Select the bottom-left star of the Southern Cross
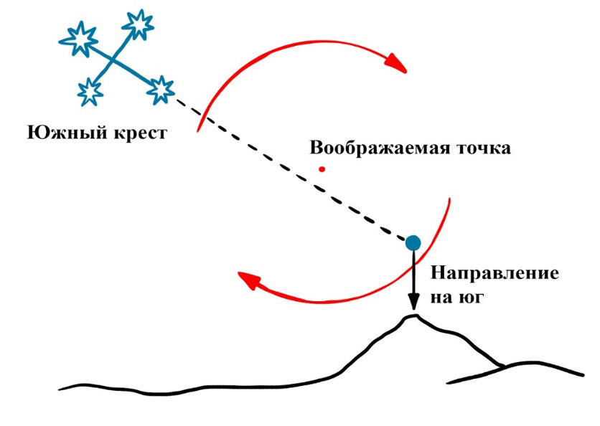[89, 91]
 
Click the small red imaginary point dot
[322, 169]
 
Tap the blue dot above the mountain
[413, 242]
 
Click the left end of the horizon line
[61, 389]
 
